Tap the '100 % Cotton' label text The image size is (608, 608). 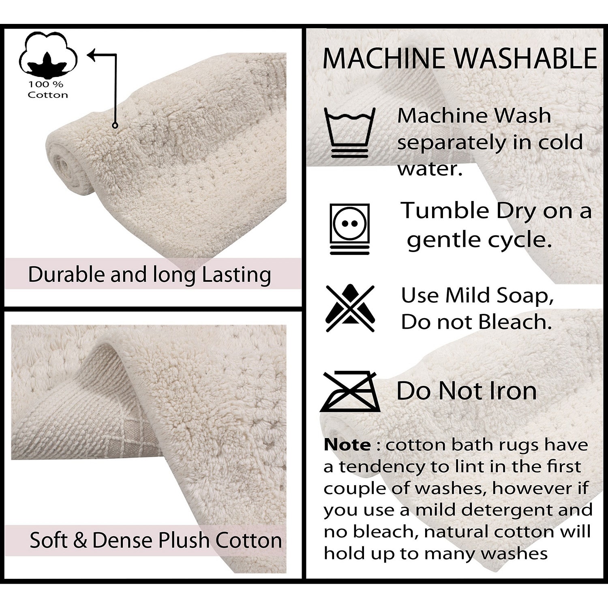point(48,90)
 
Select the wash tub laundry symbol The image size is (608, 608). point(350,133)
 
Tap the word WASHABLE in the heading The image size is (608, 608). point(525,58)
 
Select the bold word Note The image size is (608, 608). point(347,445)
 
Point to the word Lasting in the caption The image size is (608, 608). point(236,275)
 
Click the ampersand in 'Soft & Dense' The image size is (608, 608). point(80,541)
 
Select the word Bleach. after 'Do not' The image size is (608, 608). point(515,322)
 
